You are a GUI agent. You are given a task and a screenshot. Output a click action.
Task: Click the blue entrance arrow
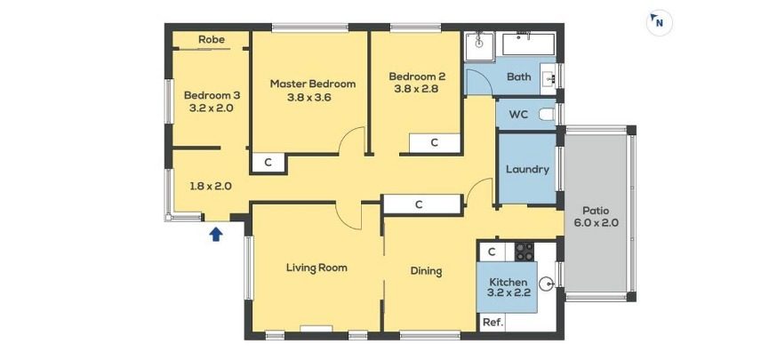point(216,235)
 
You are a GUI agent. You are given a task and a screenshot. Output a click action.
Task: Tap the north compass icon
point(659,23)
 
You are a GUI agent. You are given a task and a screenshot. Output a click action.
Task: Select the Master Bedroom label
point(313,84)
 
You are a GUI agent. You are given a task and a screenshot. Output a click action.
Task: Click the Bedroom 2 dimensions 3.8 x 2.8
point(417,89)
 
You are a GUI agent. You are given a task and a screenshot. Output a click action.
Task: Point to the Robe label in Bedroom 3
point(212,39)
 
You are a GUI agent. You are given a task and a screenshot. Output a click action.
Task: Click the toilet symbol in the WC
point(548,115)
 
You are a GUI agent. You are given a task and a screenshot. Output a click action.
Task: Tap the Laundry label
point(527,169)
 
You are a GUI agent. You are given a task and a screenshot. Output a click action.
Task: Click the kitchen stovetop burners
point(524,252)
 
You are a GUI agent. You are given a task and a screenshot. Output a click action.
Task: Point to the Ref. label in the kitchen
point(493,322)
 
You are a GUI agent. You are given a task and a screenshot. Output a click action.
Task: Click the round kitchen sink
point(548,283)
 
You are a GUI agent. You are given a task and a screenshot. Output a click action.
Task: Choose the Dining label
point(426,271)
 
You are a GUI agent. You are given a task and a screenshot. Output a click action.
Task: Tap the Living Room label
point(316,268)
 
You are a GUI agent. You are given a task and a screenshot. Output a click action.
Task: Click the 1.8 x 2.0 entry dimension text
point(210,186)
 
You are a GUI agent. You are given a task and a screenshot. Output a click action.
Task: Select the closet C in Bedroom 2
point(435,143)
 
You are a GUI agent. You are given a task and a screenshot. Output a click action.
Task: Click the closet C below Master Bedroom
point(268,163)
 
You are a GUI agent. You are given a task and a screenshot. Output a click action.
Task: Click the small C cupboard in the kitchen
point(492,252)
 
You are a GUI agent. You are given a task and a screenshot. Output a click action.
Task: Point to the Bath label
point(519,76)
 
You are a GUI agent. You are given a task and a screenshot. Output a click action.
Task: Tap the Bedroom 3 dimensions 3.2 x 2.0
point(211,108)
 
